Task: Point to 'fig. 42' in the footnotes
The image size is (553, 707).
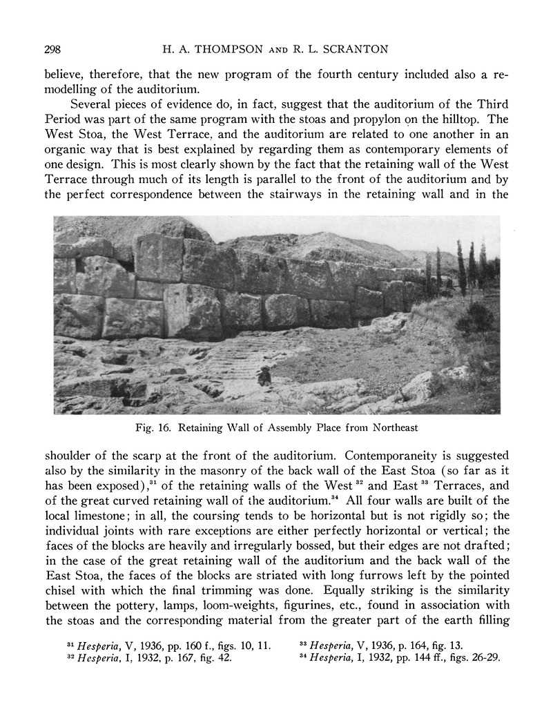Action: coord(214,658)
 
